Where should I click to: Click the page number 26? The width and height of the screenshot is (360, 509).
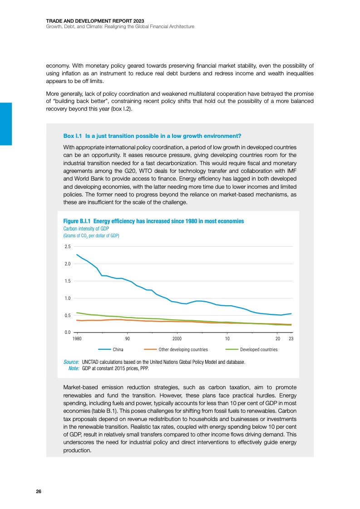[x=39, y=492]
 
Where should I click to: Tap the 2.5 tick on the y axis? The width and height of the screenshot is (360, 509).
[x=67, y=247]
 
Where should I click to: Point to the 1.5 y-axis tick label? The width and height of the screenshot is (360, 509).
[x=67, y=281]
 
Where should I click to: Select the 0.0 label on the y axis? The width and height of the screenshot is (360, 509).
[x=67, y=333]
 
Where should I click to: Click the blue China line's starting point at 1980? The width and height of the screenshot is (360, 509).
[x=77, y=254]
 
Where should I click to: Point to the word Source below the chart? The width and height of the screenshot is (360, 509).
[x=72, y=362]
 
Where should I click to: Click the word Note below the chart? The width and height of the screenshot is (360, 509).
[x=74, y=368]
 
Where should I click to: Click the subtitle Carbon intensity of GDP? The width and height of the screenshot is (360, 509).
[x=84, y=229]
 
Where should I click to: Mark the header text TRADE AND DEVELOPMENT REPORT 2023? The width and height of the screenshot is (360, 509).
[x=89, y=20]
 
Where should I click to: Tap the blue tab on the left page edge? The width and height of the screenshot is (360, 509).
[x=5, y=123]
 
